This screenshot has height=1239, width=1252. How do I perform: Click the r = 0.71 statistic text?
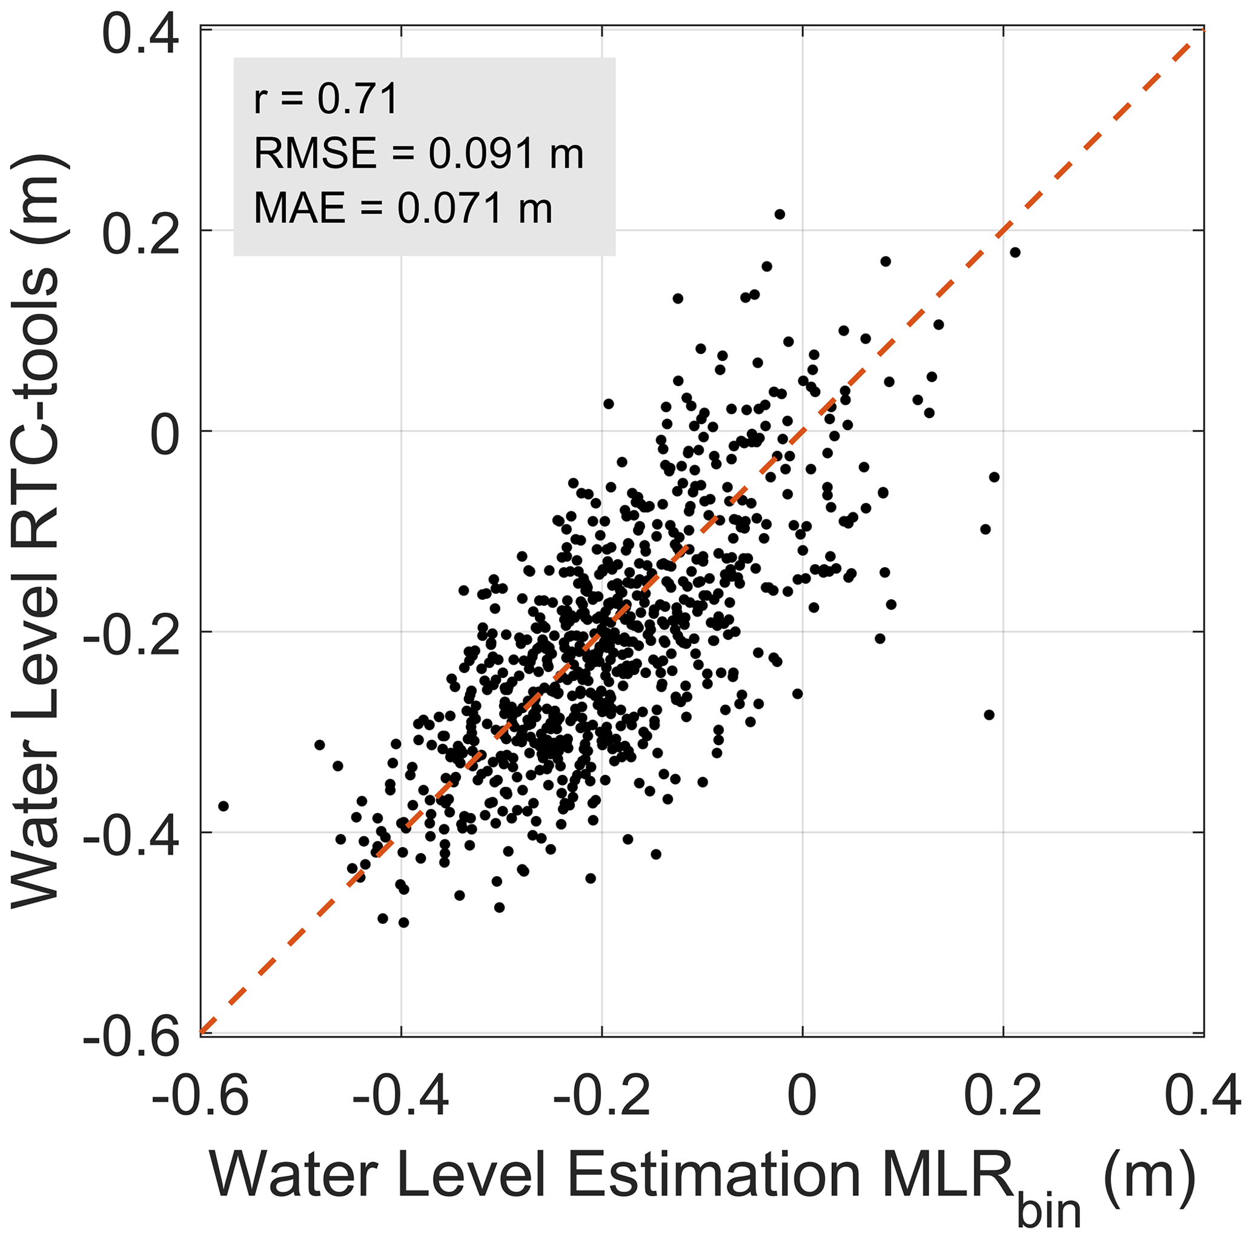325,101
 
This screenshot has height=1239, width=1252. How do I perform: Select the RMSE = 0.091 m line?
419,154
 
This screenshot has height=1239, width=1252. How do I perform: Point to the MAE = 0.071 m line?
402,209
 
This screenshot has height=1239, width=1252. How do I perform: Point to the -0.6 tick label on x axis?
200,1096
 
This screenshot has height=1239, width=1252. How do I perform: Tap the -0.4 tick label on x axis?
400,1096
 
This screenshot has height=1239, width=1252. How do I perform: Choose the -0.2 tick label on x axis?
601,1096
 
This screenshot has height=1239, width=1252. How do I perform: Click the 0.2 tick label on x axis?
1003,1096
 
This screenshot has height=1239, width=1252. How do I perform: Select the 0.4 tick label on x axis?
1203,1096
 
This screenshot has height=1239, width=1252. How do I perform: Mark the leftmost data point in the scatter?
224,806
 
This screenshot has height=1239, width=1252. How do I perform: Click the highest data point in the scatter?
780,214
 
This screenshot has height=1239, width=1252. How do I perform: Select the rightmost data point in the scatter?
1015,252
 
